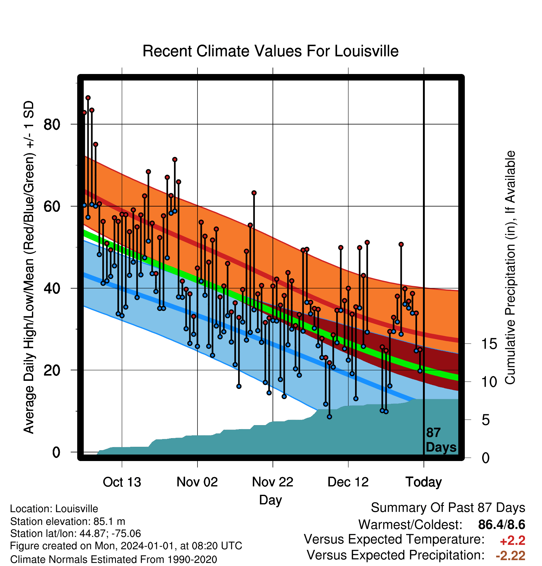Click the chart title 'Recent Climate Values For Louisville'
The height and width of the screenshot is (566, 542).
270,51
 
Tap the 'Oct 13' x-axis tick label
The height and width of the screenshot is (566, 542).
122,482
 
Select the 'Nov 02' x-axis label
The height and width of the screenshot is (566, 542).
197,482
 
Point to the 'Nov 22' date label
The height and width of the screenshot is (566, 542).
273,482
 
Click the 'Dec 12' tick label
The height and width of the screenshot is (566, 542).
348,482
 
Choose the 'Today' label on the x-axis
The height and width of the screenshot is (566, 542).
424,482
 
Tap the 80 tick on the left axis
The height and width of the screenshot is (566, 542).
52,125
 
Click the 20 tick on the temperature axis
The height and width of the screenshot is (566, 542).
52,370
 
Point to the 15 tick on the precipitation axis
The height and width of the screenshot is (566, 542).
489,344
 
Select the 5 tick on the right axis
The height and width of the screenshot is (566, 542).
486,420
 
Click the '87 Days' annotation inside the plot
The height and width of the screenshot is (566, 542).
441,440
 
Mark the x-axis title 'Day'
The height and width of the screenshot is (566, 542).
270,500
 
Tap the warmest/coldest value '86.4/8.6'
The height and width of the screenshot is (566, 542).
502,525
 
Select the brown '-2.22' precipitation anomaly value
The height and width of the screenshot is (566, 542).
511,556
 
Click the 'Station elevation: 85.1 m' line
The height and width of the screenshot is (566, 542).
68,521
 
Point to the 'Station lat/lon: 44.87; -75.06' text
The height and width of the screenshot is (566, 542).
75,533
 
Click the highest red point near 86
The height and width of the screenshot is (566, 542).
88,98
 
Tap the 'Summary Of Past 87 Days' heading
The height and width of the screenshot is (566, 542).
448,508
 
